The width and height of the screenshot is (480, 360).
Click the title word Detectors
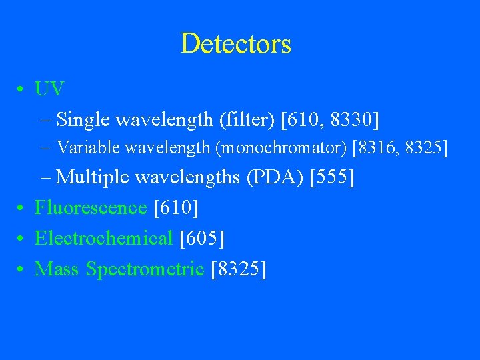[235, 44]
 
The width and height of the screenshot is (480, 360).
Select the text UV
[50, 89]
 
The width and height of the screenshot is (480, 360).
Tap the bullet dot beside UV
[23, 90]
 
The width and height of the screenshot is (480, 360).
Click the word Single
[83, 120]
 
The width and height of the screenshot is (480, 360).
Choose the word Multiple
[93, 177]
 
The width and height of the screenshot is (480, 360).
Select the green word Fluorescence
[91, 207]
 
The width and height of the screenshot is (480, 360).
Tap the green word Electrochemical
[103, 238]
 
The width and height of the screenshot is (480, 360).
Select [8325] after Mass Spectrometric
[238, 269]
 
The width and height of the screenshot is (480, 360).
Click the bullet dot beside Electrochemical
[23, 239]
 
